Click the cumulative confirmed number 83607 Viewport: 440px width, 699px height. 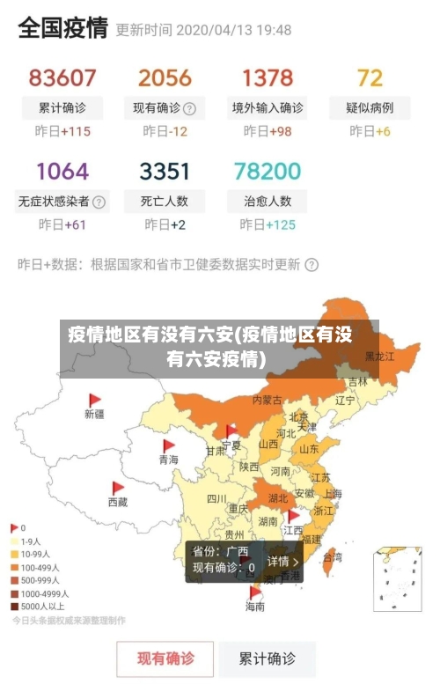62,78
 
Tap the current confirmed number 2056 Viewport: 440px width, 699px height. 165,78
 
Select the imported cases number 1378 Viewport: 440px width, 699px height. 268,78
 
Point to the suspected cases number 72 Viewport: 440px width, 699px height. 370,78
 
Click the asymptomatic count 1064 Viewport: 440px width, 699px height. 62,170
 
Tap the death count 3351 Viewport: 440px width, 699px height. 165,170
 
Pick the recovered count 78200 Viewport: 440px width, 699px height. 268,170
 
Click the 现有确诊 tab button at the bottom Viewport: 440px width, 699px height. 165,658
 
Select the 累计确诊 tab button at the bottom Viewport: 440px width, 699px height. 268,658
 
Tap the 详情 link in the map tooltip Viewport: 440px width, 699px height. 282,561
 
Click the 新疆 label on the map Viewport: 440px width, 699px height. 94,413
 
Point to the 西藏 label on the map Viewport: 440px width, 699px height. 117,502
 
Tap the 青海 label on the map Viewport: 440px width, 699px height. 168,460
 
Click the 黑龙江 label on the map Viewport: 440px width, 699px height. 380,357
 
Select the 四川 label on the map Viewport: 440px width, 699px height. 216,498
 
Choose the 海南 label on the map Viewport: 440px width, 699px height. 254,607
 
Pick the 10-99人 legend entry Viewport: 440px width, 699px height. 36,555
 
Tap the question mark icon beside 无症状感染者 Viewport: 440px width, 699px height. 99,202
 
